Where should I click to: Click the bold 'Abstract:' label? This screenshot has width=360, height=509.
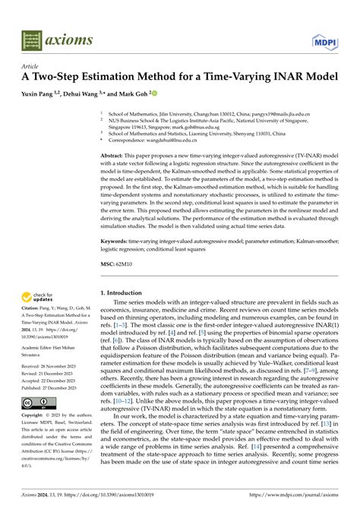tap(115, 153)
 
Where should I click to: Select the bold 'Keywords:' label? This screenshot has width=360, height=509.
tap(117, 239)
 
